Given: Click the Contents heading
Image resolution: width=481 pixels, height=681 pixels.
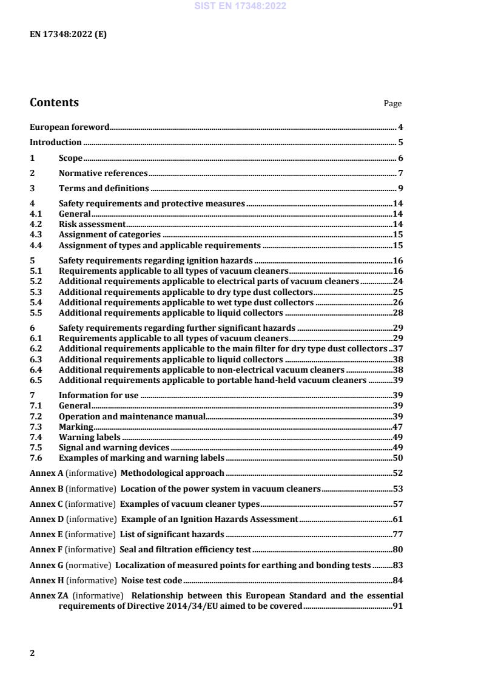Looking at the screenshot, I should point(54,103).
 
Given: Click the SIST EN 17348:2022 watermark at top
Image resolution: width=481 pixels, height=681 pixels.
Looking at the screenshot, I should point(240,6).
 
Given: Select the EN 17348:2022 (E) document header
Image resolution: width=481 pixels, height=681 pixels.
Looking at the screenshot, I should point(68,35).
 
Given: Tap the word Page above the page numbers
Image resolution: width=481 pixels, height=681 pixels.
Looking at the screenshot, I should point(392,104).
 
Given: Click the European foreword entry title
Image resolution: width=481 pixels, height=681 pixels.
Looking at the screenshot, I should point(70,127).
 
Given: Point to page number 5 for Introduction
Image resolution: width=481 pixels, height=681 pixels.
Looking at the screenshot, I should point(400,143).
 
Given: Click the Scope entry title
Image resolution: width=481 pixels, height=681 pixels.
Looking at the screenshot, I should point(70,158).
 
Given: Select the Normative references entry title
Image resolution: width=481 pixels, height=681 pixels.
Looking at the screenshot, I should point(103,174).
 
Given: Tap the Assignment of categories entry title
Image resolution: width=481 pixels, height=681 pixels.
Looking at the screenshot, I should point(109,235).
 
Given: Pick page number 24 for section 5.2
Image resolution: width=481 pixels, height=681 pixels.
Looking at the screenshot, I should point(398,282).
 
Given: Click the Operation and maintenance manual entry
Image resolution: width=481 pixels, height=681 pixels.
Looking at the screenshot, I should point(132,416).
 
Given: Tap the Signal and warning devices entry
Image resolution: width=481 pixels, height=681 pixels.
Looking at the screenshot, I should point(113,448).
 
